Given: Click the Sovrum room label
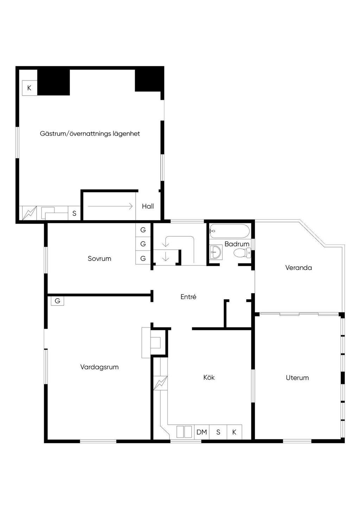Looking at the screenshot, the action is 99,258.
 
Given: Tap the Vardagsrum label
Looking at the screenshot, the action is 99,367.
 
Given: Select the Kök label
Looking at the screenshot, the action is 209,377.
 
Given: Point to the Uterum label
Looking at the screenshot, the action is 297,378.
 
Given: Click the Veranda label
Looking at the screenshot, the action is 298,268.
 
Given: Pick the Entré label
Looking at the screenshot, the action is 188,297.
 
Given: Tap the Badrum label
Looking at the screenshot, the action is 237,244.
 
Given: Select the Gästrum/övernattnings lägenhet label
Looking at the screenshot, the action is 90,133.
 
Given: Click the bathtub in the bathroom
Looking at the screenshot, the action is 230,231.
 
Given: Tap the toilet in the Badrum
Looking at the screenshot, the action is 242,253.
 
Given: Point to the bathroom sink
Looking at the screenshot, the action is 216,252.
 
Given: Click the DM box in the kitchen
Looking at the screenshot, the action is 201,432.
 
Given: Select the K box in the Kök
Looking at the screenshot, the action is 234,432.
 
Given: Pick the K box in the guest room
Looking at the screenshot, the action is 30,88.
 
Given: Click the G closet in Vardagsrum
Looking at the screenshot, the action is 57,301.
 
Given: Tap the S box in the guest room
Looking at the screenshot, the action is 74,213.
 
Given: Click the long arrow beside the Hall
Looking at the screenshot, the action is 110,206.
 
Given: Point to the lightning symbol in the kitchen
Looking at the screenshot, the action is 160,384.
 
